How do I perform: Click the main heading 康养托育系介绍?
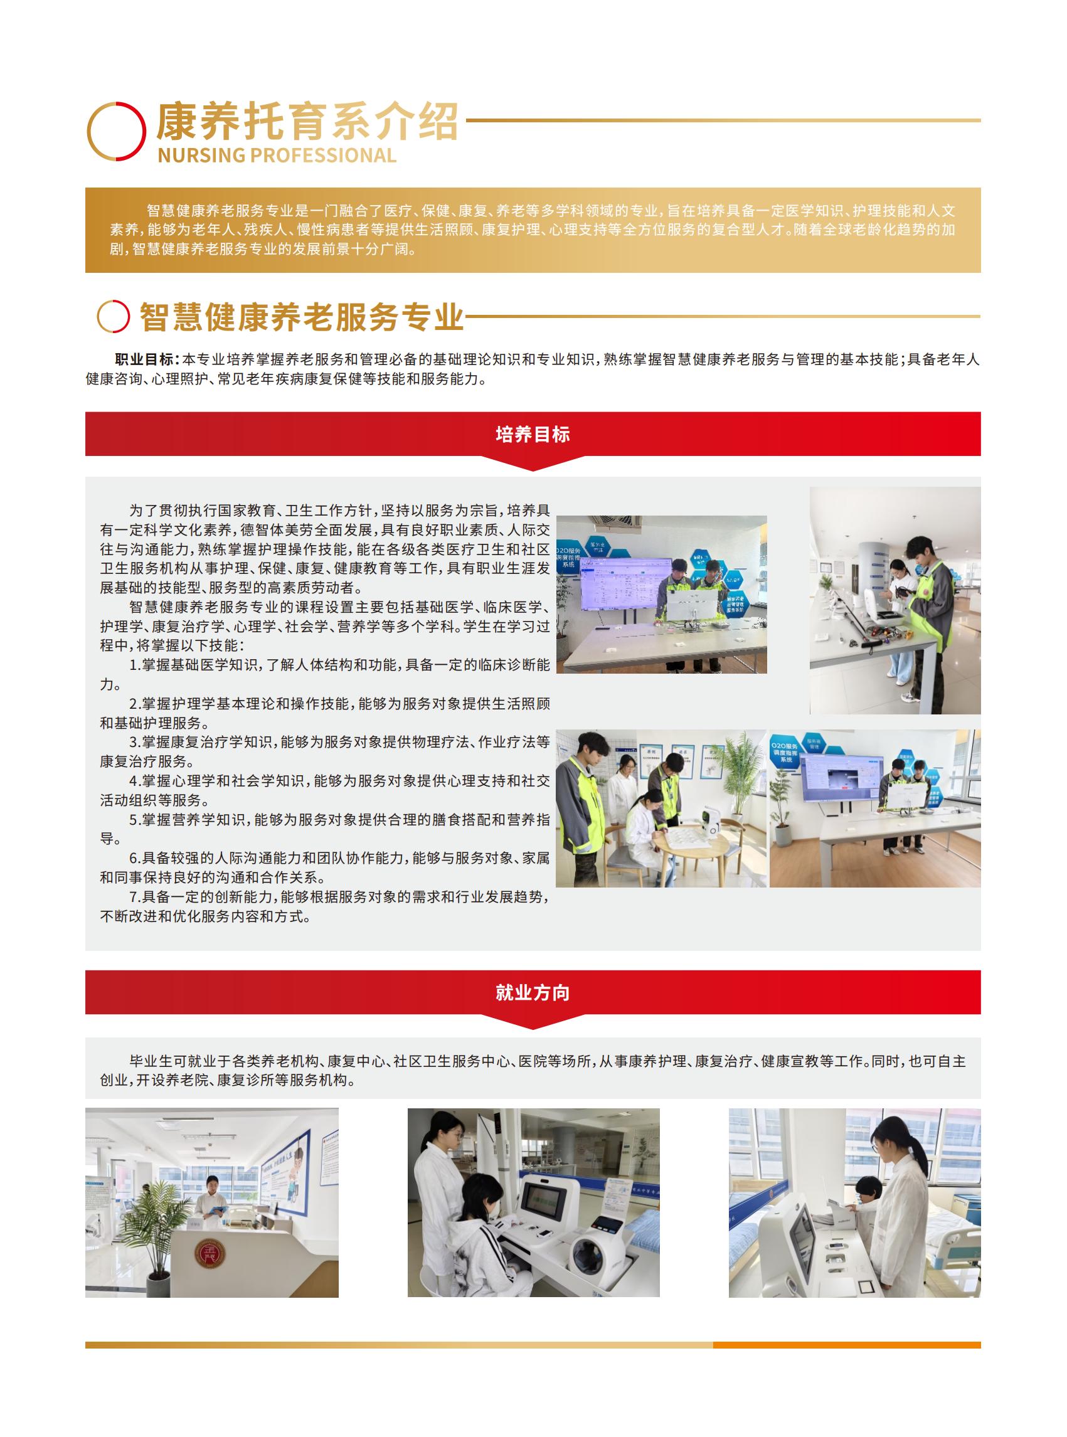(306, 122)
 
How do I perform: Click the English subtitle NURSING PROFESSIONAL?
(277, 156)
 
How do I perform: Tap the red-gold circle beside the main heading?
(116, 131)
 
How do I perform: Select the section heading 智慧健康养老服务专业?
(302, 317)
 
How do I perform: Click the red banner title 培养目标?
(533, 434)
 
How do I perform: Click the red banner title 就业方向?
(533, 993)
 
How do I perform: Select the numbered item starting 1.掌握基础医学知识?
(325, 674)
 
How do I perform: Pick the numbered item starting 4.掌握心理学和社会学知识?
(325, 790)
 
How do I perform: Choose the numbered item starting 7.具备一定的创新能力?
(325, 906)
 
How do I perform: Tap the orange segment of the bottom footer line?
(846, 1345)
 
